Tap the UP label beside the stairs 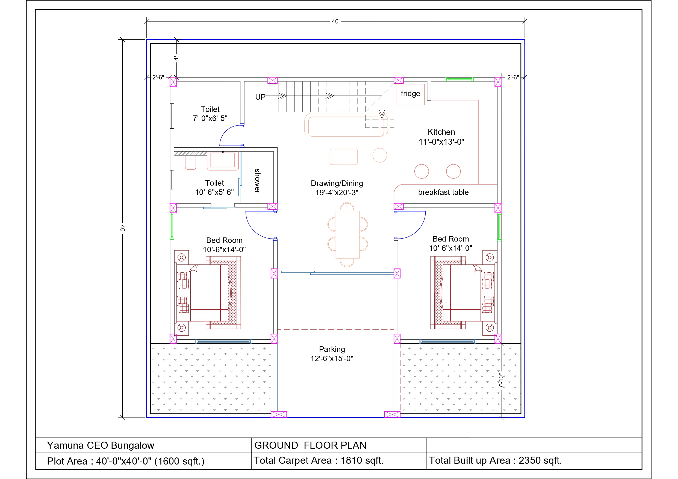[x=260, y=97]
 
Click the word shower [x=258, y=181]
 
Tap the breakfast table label [x=443, y=192]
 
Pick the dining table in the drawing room [x=347, y=235]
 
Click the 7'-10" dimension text [x=500, y=381]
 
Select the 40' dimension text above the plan [x=336, y=22]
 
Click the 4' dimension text [x=176, y=58]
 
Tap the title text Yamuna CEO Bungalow [x=101, y=445]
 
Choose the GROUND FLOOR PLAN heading [x=310, y=445]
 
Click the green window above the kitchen [x=459, y=79]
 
